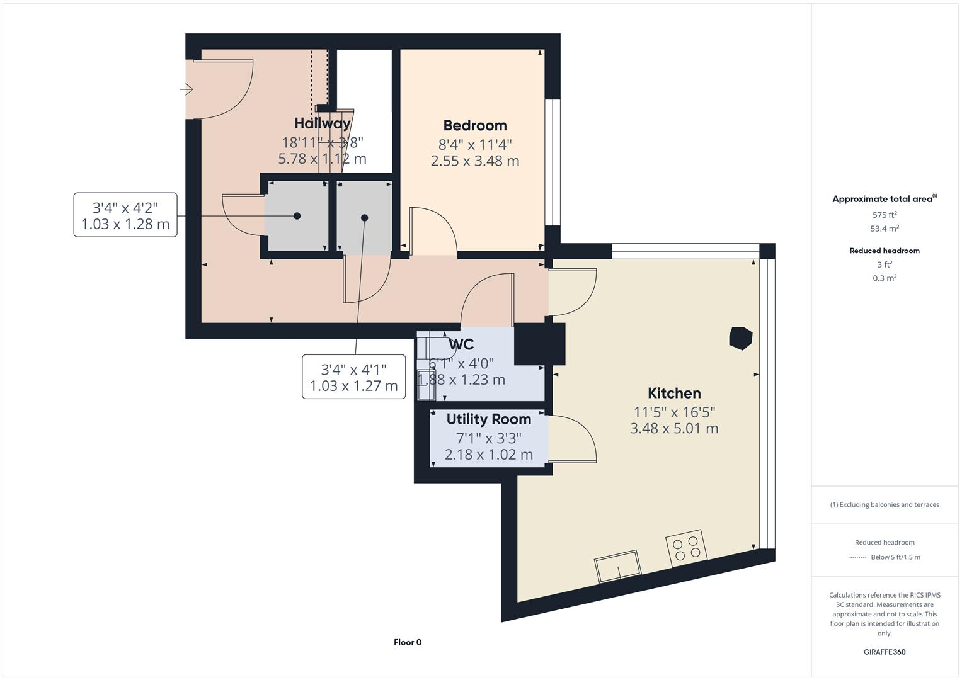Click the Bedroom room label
coord(474,125)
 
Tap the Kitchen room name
coord(674,393)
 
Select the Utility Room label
coord(488,419)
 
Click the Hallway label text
coord(322,123)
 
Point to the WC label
coord(461,344)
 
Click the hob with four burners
coord(686,547)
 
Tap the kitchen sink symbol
coord(618,565)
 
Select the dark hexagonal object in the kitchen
coord(740,338)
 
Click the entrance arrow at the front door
coord(186,89)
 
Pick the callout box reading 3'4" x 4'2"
coord(125,215)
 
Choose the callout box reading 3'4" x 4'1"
coord(353,377)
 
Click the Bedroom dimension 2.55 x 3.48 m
coord(474,161)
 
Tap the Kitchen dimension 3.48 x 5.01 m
coord(674,428)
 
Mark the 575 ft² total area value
coord(885,215)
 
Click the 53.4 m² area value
coord(885,229)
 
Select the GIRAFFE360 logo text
coord(885,652)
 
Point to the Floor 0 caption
coord(408,642)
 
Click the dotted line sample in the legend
coord(857,557)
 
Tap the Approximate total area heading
coord(883,199)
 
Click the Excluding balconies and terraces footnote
coord(885,504)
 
